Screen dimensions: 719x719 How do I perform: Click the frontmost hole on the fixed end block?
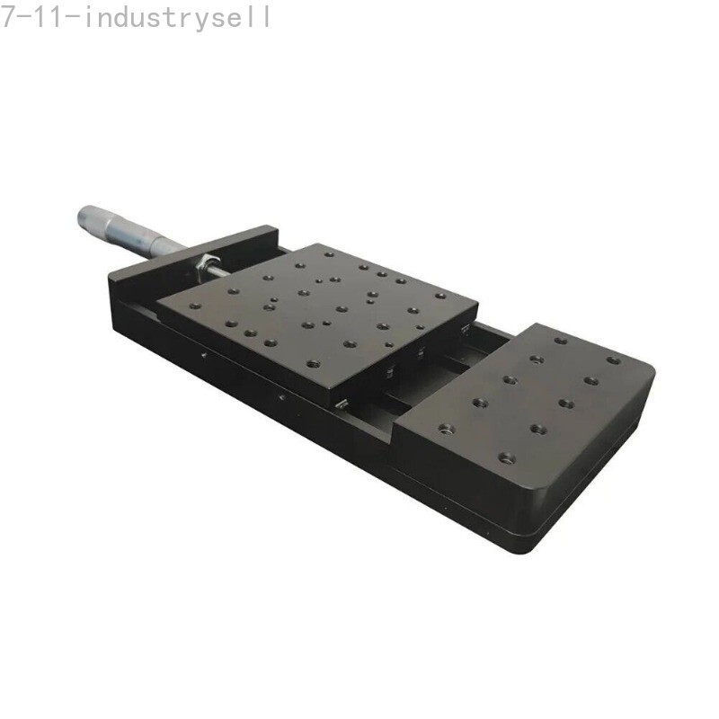point(507,457)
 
